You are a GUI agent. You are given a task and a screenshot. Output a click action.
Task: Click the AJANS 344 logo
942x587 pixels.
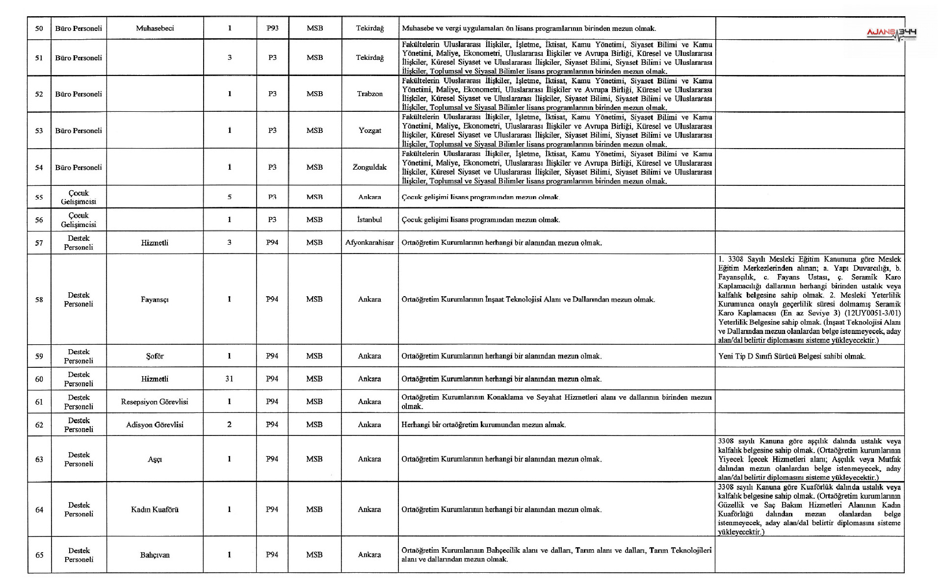click(x=891, y=33)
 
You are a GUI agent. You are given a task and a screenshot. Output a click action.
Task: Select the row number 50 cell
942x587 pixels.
click(x=39, y=28)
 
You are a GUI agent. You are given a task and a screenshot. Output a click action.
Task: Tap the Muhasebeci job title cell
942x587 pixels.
click(x=155, y=28)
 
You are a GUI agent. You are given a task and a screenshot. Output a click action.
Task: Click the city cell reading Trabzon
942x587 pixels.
click(x=369, y=94)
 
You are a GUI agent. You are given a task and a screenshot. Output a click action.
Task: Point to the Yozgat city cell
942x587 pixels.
click(x=369, y=130)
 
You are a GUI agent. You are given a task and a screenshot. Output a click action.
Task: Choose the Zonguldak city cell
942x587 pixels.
click(x=369, y=167)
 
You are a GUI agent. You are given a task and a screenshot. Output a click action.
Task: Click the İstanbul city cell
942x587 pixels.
click(x=369, y=220)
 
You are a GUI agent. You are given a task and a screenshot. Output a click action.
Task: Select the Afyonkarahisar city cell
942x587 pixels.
click(x=369, y=242)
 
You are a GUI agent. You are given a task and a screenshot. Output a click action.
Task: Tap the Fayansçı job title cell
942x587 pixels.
click(x=155, y=299)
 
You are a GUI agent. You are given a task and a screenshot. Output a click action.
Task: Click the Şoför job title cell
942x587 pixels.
click(x=155, y=356)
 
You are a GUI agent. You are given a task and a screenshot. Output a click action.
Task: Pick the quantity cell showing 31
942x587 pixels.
click(x=229, y=379)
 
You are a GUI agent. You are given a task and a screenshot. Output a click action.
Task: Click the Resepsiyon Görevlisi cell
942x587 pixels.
click(x=155, y=402)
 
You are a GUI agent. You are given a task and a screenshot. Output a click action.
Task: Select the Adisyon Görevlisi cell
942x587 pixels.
click(x=155, y=425)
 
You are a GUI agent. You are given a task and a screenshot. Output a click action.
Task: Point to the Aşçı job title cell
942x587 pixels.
click(x=155, y=459)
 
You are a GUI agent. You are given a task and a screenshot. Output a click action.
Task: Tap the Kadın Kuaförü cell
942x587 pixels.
click(x=155, y=510)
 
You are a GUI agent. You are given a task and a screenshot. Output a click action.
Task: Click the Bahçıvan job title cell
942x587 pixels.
click(x=155, y=555)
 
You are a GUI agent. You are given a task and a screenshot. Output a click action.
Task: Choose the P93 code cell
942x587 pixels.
click(x=272, y=28)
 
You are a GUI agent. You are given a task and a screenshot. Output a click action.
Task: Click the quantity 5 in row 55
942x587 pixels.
click(x=229, y=197)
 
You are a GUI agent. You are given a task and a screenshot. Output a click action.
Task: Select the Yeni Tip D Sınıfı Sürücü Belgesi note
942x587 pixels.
click(x=792, y=356)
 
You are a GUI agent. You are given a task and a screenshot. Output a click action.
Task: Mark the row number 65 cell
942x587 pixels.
click(x=39, y=555)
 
